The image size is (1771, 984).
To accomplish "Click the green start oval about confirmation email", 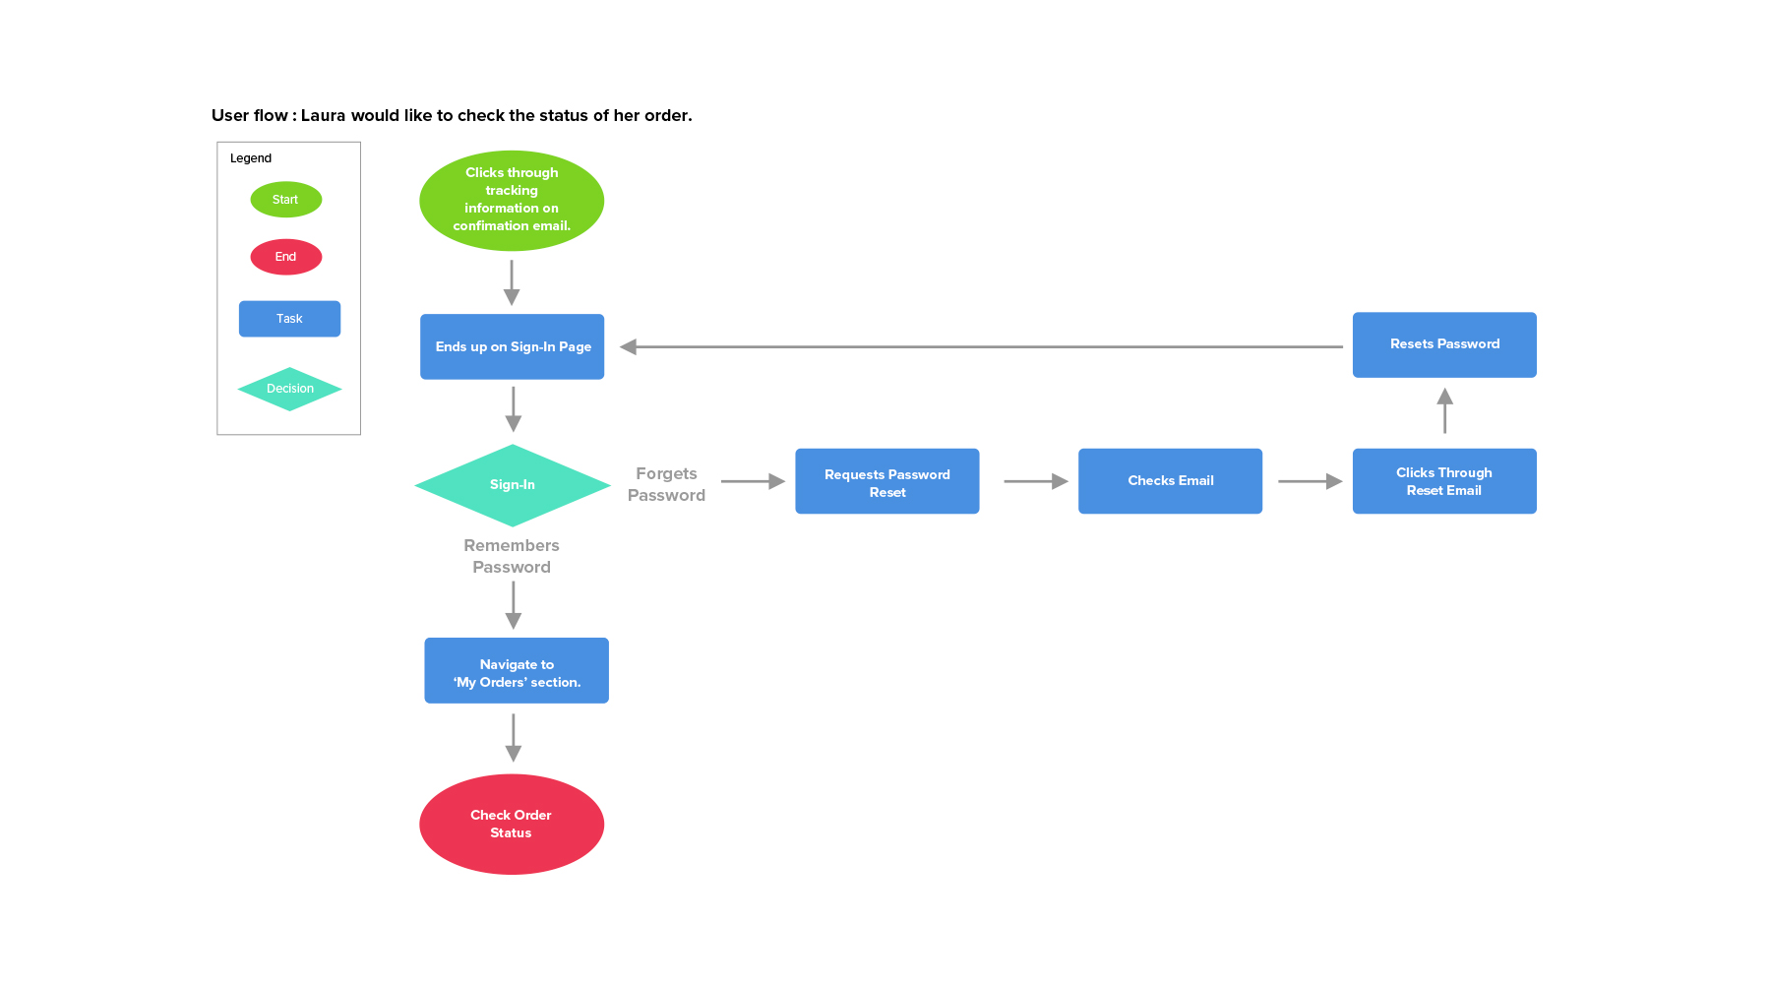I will [x=512, y=200].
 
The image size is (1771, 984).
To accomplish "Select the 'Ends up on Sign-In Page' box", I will [x=512, y=346].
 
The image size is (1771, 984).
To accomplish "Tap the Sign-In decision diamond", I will [x=513, y=485].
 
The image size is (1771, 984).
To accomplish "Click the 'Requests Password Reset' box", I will [x=886, y=481].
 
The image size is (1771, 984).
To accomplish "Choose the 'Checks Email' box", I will [x=1170, y=481].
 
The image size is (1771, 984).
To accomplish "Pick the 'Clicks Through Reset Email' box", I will [x=1443, y=481].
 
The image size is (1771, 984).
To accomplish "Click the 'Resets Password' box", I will [x=1443, y=344].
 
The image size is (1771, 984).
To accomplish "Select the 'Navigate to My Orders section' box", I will [x=517, y=671].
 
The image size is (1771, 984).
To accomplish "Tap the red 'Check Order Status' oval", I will [x=512, y=824].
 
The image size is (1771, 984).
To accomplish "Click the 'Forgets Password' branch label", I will [x=666, y=484].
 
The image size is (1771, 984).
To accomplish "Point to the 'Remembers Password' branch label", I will [x=512, y=556].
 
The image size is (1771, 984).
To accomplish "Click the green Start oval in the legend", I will [x=285, y=200].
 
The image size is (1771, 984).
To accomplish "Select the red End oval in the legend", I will [x=285, y=257].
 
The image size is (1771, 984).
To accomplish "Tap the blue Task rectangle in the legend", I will [x=289, y=319].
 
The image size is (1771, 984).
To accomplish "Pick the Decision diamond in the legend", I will [x=289, y=389].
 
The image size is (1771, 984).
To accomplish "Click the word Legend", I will [x=251, y=158].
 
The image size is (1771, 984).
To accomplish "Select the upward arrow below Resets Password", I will [x=1444, y=410].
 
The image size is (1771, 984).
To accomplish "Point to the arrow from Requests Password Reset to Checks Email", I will [x=1035, y=481].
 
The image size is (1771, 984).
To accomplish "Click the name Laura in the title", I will [x=323, y=115].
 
